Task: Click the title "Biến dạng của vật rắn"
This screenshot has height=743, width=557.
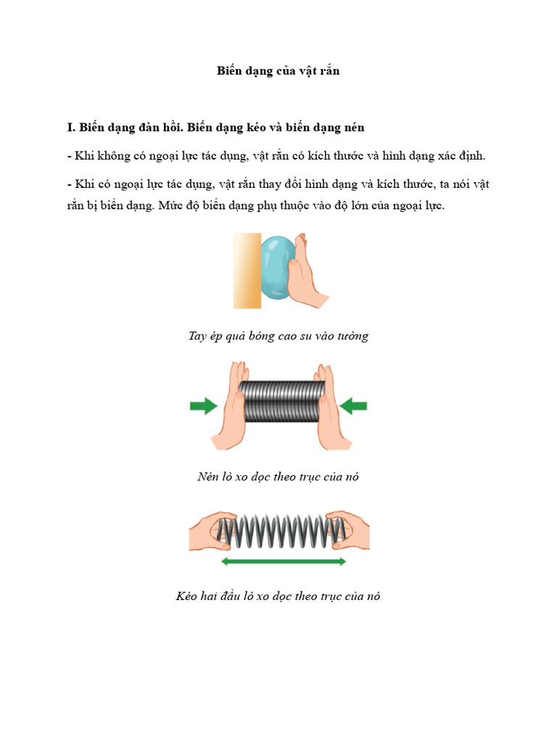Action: (x=278, y=70)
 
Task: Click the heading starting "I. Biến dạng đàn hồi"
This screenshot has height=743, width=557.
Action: (x=215, y=127)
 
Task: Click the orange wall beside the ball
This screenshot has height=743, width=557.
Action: (x=246, y=271)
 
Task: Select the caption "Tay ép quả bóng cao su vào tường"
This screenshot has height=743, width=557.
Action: (x=278, y=336)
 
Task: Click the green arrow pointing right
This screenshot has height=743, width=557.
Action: (x=204, y=406)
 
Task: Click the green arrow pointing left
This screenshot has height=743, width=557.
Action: (x=354, y=406)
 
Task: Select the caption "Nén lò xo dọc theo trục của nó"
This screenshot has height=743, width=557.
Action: (x=278, y=477)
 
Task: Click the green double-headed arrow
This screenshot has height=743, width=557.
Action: (x=283, y=562)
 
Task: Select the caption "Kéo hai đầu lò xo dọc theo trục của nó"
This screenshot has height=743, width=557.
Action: (x=278, y=596)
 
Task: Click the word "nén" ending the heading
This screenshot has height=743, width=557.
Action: (x=352, y=127)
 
